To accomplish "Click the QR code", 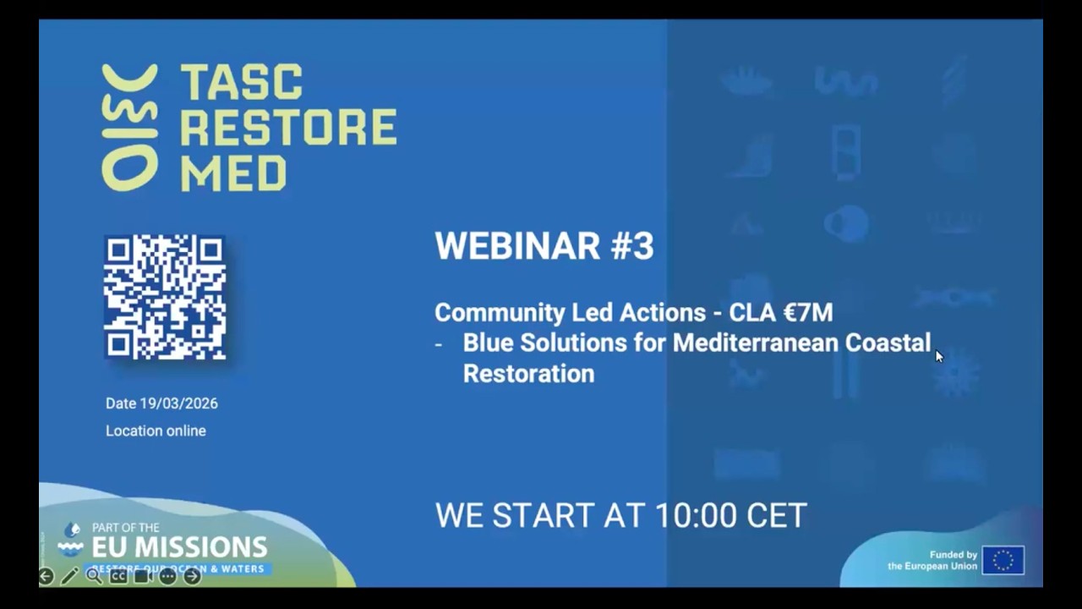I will pyautogui.click(x=165, y=297).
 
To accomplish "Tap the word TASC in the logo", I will pyautogui.click(x=242, y=82).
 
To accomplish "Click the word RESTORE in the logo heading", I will pyautogui.click(x=288, y=128).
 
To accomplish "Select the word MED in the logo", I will pyautogui.click(x=233, y=173).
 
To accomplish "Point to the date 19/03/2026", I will pyautogui.click(x=178, y=403).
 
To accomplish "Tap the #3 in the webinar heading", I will pyautogui.click(x=631, y=246).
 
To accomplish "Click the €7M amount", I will pyautogui.click(x=808, y=312).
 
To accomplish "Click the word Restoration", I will pyautogui.click(x=528, y=373).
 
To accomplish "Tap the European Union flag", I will pyautogui.click(x=1003, y=560).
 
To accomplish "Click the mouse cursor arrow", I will pyautogui.click(x=938, y=356).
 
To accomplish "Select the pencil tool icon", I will pyautogui.click(x=69, y=576).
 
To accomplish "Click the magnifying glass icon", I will pyautogui.click(x=94, y=576).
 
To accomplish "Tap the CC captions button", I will pyautogui.click(x=118, y=576).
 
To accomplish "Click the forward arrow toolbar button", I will pyautogui.click(x=193, y=576).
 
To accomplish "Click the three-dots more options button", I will pyautogui.click(x=167, y=576).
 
